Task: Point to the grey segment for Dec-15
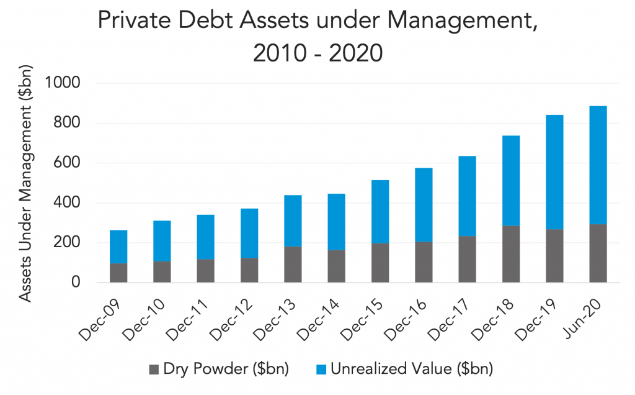pos(380,263)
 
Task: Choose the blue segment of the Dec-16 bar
pos(424,205)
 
